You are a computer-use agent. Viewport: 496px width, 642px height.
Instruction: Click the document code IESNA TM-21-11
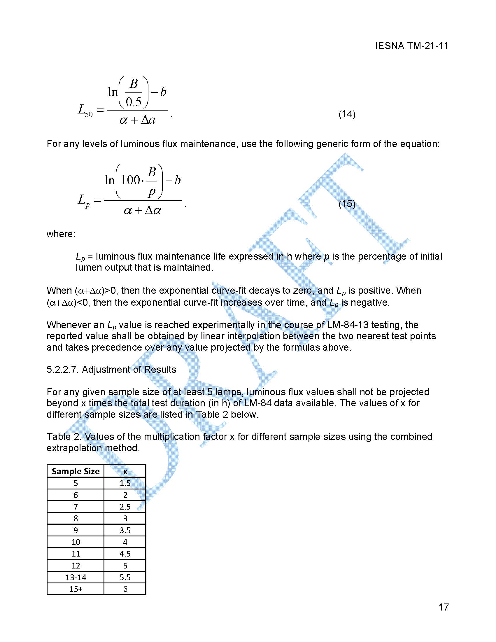pos(411,46)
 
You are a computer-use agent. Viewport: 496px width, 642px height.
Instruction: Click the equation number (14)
pos(347,114)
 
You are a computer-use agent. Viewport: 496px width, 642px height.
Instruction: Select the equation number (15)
pos(347,204)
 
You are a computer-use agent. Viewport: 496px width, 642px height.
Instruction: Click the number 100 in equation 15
pos(130,180)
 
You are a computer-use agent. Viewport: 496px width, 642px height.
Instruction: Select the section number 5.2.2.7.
pos(63,370)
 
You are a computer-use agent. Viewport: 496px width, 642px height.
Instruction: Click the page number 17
pos(444,607)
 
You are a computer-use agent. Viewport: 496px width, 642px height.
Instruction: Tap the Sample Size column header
pos(76,471)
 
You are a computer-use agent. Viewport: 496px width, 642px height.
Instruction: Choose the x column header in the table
pos(125,471)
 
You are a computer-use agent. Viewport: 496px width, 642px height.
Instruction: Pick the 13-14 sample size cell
pos(76,577)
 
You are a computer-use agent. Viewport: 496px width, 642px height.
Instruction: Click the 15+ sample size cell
pos(76,589)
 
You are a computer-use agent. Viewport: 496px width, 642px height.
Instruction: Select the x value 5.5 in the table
pos(125,577)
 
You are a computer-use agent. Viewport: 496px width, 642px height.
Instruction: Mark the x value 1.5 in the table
pos(125,483)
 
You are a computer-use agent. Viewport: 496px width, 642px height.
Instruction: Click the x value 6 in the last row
pos(125,589)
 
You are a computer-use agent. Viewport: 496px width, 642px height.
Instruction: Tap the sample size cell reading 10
pos(76,542)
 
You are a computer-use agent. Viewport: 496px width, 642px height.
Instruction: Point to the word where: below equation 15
pos(61,234)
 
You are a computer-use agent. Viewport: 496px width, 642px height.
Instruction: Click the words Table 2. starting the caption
pos(64,437)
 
